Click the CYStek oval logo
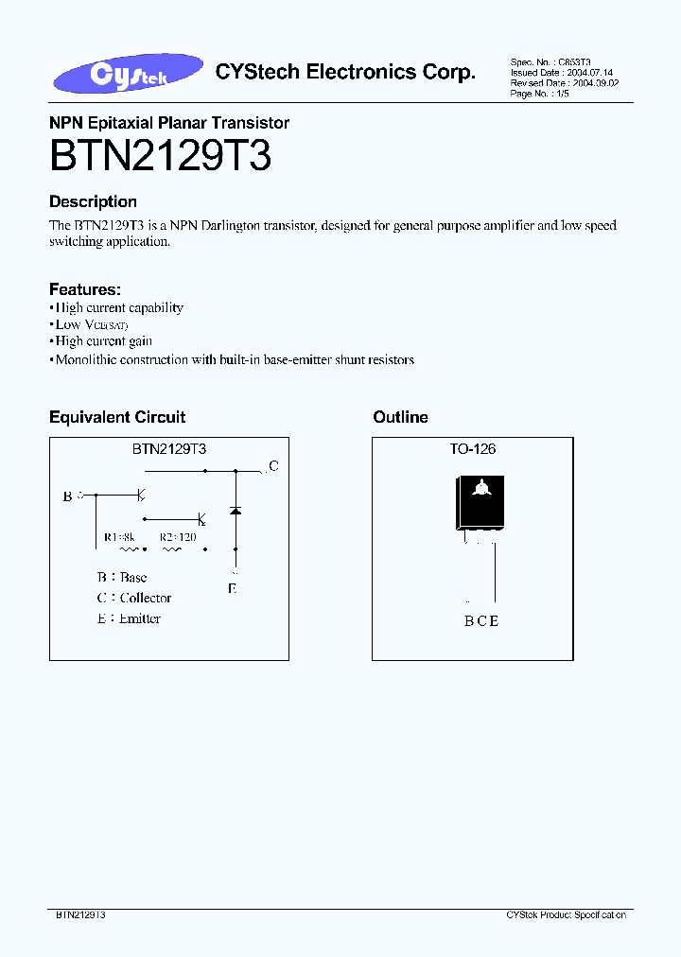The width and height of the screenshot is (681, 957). click(130, 75)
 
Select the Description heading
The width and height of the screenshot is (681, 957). click(93, 201)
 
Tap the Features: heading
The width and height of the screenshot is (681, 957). click(85, 289)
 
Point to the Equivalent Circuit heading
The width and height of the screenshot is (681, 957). click(117, 417)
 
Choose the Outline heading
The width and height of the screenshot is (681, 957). click(400, 417)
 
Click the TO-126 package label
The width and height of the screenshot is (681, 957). click(473, 449)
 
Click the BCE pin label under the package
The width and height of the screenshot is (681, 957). click(481, 621)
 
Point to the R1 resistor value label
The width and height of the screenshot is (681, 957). click(120, 537)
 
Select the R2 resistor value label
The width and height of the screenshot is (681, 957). click(178, 537)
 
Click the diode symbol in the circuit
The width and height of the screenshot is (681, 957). click(236, 511)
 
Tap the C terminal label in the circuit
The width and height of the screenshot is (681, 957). click(273, 465)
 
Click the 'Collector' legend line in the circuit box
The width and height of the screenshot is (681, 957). click(134, 598)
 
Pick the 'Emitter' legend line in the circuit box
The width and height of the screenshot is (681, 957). click(129, 618)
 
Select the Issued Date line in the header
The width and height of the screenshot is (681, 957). click(548, 72)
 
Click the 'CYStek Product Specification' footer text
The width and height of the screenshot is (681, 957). click(566, 915)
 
